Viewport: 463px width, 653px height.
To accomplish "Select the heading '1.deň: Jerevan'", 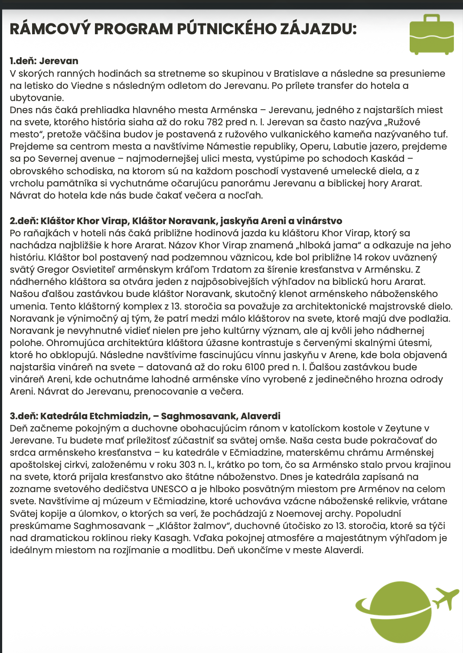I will pos(44,61).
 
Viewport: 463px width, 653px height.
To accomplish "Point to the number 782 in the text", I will pos(215,122).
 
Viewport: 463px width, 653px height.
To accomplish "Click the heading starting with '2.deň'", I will pos(176,221).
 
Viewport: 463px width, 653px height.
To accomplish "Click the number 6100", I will pos(255,367).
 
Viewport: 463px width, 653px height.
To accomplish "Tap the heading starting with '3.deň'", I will pos(145,416).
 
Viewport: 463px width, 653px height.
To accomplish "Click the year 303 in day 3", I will pos(187,465).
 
